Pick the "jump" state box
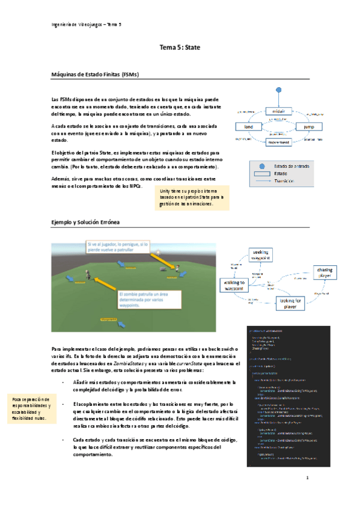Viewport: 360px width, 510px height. tap(309, 127)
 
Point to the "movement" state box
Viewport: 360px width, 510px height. tap(278, 142)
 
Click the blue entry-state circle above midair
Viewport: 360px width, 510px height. tap(278, 90)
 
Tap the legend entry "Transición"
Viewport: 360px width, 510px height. tap(287, 180)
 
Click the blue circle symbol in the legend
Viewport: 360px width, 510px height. tap(261, 166)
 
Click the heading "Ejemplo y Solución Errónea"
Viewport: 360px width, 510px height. tap(86, 223)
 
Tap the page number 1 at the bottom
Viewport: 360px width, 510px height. tap(307, 494)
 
